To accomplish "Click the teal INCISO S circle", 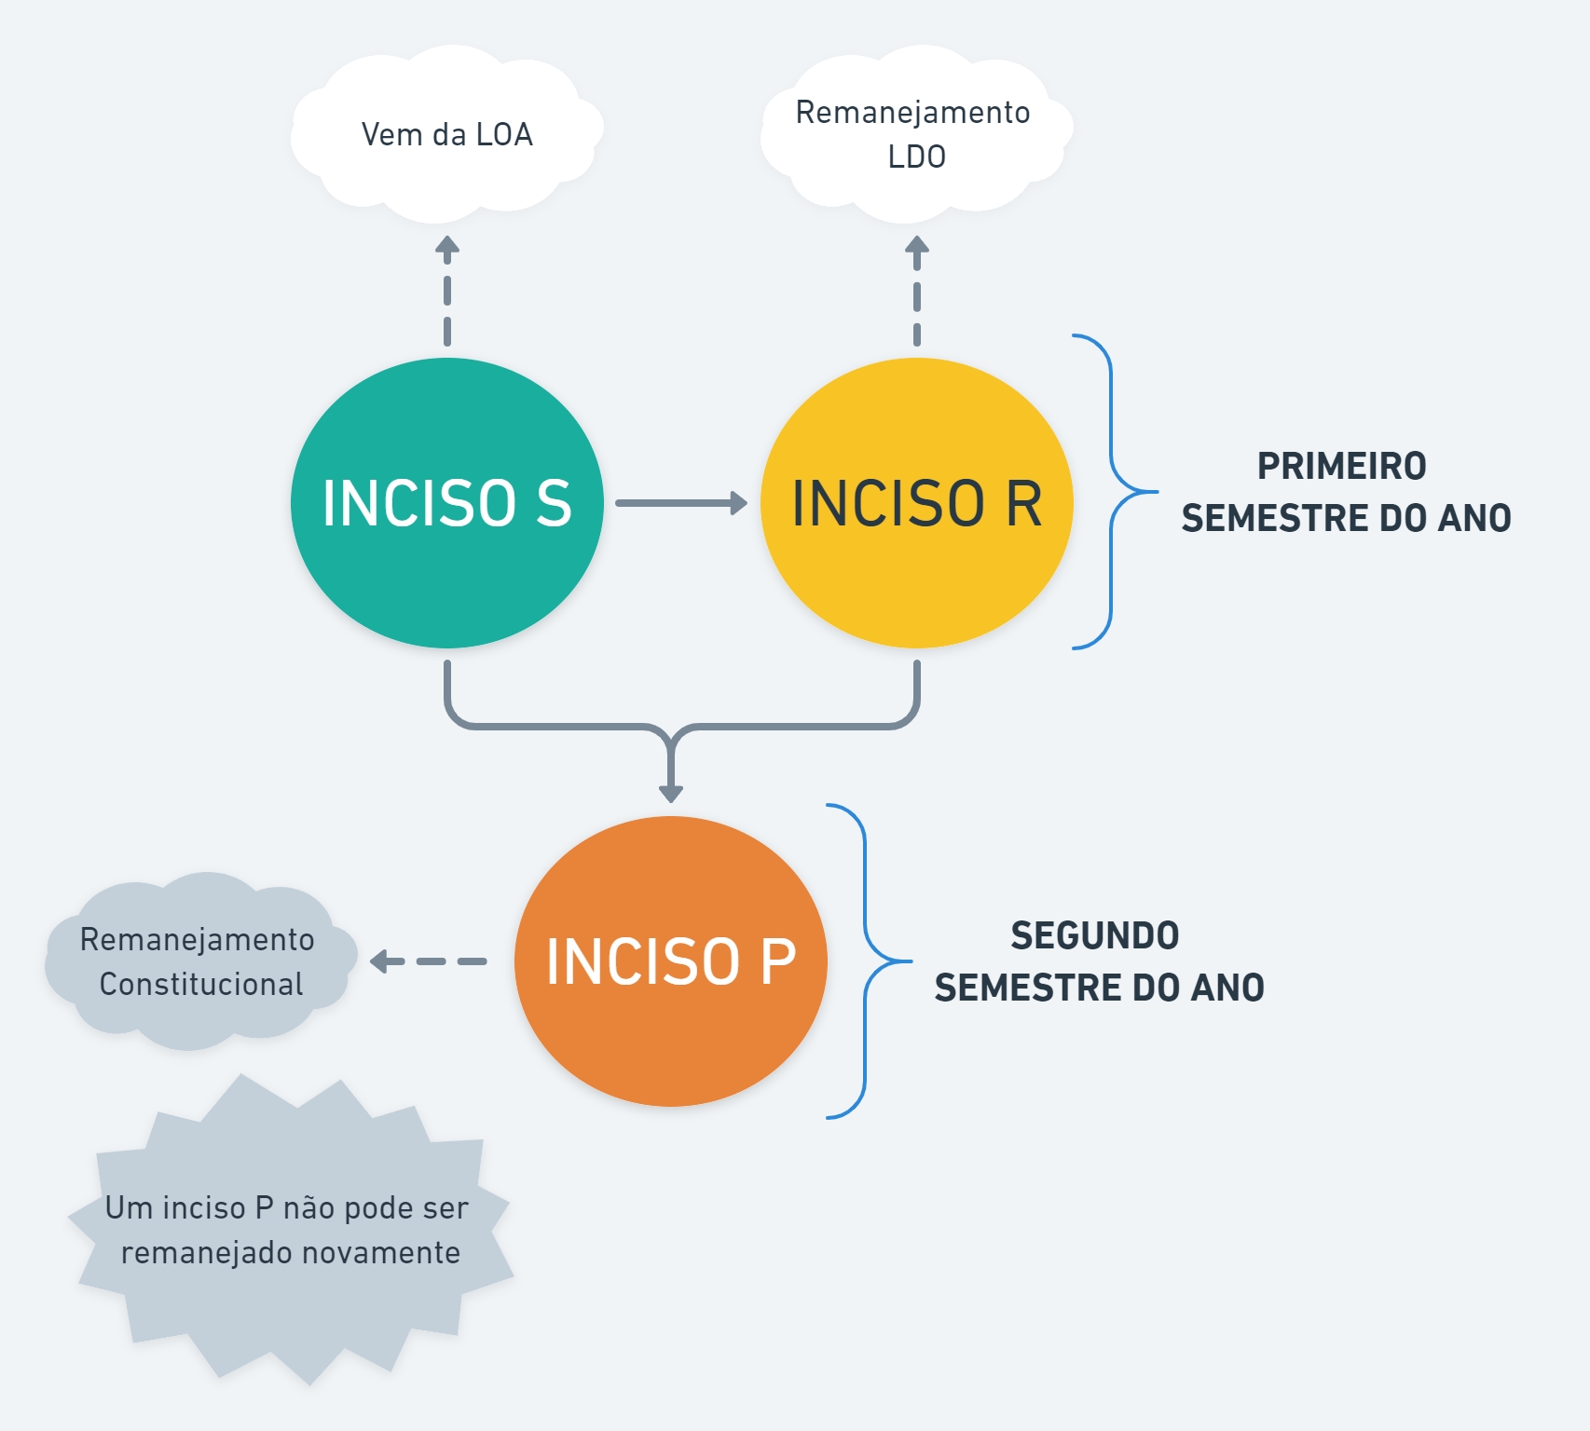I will [x=446, y=559].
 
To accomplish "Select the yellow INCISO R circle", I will [x=916, y=568].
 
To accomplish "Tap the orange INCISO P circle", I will [x=670, y=1025].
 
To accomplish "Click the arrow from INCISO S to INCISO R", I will [x=680, y=503].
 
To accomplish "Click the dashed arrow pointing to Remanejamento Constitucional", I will [x=429, y=961].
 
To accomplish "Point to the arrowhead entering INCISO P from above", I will [x=671, y=792].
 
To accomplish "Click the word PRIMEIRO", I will [x=1341, y=466].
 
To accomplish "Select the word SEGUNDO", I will [x=1095, y=935].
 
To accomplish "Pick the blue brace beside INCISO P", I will [x=866, y=961].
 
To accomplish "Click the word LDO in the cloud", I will [x=917, y=157].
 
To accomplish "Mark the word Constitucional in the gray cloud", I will [x=201, y=984].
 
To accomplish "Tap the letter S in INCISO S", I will [x=554, y=503].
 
